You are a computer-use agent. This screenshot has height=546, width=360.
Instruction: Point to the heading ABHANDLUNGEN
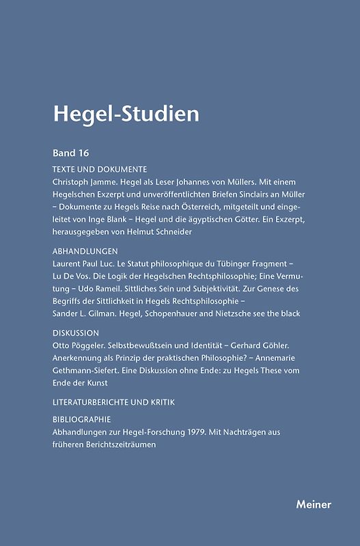pyautogui.click(x=84, y=250)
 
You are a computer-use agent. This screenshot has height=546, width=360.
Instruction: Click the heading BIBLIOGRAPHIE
pyautogui.click(x=81, y=419)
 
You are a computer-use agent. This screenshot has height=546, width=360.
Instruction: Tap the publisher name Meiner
pyautogui.click(x=314, y=504)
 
